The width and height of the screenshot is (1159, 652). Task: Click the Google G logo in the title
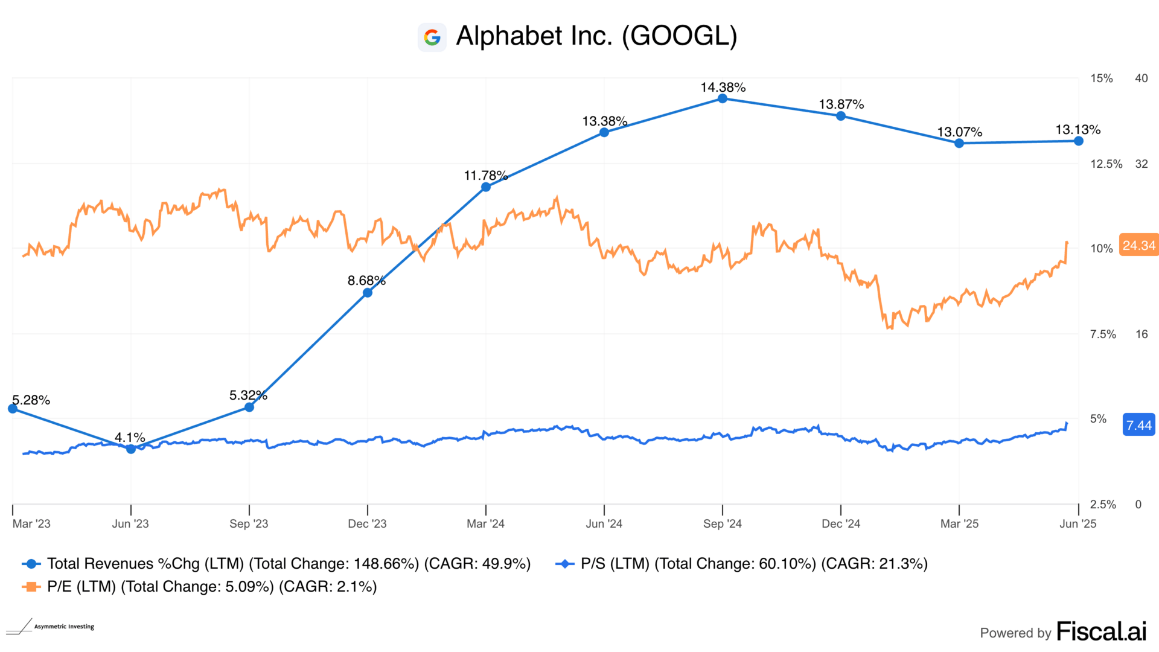click(432, 37)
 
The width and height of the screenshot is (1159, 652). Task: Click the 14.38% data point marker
click(723, 98)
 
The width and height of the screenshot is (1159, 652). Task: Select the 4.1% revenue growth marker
click(131, 449)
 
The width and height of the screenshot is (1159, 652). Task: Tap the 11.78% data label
click(485, 176)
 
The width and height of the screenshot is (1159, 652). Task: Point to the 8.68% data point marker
click(368, 293)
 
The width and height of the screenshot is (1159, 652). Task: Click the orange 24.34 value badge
click(1138, 245)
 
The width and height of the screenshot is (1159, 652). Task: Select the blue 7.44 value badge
click(1138, 425)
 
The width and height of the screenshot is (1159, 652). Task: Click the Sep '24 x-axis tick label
click(722, 523)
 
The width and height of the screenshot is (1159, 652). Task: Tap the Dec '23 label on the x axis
click(367, 523)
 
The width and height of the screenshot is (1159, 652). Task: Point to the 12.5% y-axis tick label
click(1106, 164)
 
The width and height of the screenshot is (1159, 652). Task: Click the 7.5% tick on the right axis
click(1103, 334)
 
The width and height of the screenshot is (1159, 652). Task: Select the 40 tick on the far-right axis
click(1141, 78)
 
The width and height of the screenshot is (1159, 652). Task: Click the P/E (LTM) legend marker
click(31, 587)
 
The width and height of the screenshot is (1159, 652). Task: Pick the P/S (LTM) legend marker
click(564, 564)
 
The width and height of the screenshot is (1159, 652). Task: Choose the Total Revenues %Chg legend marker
click(31, 564)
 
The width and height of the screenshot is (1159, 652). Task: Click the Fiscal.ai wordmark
click(1101, 631)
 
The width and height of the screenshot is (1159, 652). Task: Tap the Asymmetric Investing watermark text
click(64, 627)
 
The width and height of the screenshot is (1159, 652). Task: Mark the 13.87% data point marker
click(841, 116)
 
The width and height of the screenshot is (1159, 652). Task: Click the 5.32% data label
click(248, 395)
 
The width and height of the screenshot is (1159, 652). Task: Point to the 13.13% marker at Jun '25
click(1079, 141)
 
